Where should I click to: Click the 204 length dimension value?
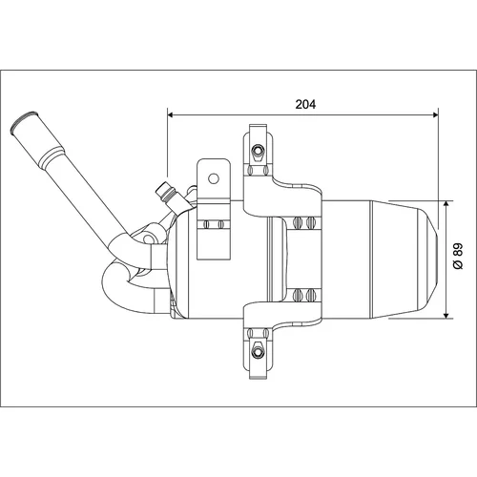pyautogui.click(x=305, y=104)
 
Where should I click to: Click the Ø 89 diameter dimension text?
pyautogui.click(x=458, y=257)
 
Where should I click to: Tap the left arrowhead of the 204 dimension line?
pyautogui.click(x=170, y=114)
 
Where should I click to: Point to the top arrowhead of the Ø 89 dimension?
pyautogui.click(x=446, y=204)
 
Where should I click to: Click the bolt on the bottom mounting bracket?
pyautogui.click(x=258, y=352)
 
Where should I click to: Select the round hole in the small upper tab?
pyautogui.click(x=214, y=178)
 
